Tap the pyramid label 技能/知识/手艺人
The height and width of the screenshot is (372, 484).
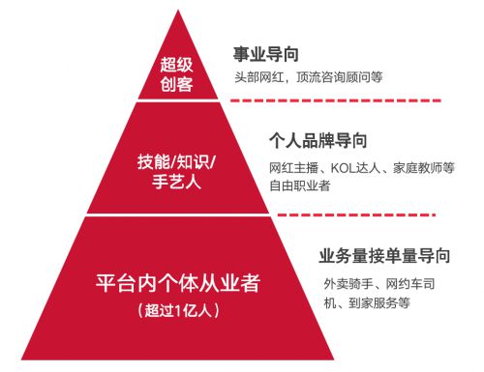click(176, 170)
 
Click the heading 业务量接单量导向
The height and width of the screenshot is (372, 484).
click(384, 257)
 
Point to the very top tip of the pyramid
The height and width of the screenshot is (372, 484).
click(177, 12)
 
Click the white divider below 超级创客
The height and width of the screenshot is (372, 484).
click(176, 100)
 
